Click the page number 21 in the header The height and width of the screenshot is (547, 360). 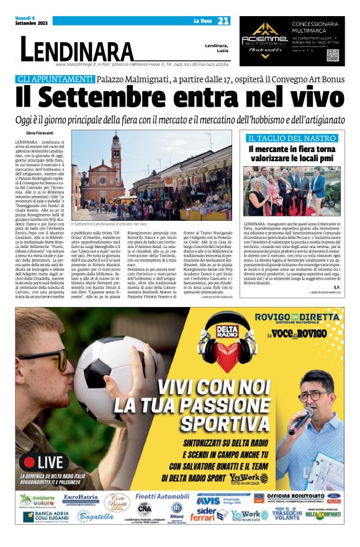click(x=223, y=21)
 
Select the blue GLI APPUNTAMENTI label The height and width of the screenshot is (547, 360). click(x=64, y=79)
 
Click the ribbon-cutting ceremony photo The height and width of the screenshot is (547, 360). click(x=293, y=190)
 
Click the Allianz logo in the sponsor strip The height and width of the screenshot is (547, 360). click(x=176, y=514)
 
